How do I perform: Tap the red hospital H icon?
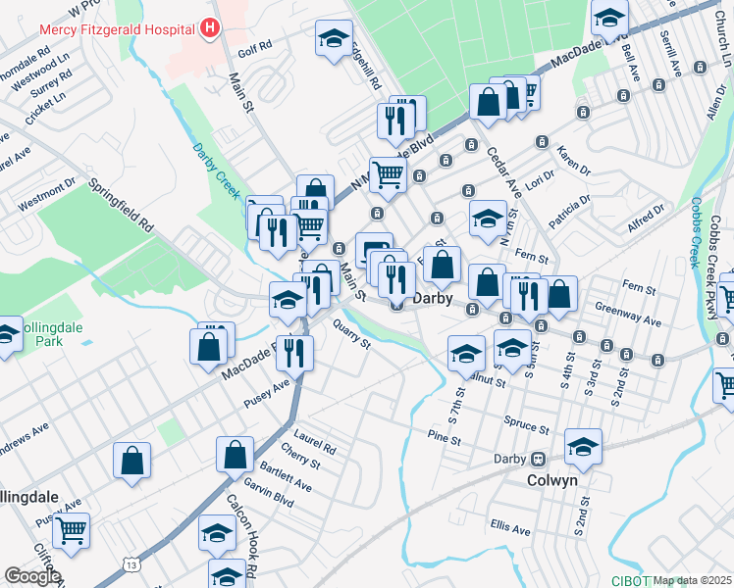[x=208, y=28]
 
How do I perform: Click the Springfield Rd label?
[x=122, y=204]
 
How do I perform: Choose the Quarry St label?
[x=351, y=336]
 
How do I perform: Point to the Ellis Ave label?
[x=511, y=529]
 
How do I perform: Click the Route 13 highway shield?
[x=131, y=563]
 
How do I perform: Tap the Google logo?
[x=32, y=576]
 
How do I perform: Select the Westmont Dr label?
[x=46, y=195]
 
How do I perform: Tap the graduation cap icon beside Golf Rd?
[x=334, y=38]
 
